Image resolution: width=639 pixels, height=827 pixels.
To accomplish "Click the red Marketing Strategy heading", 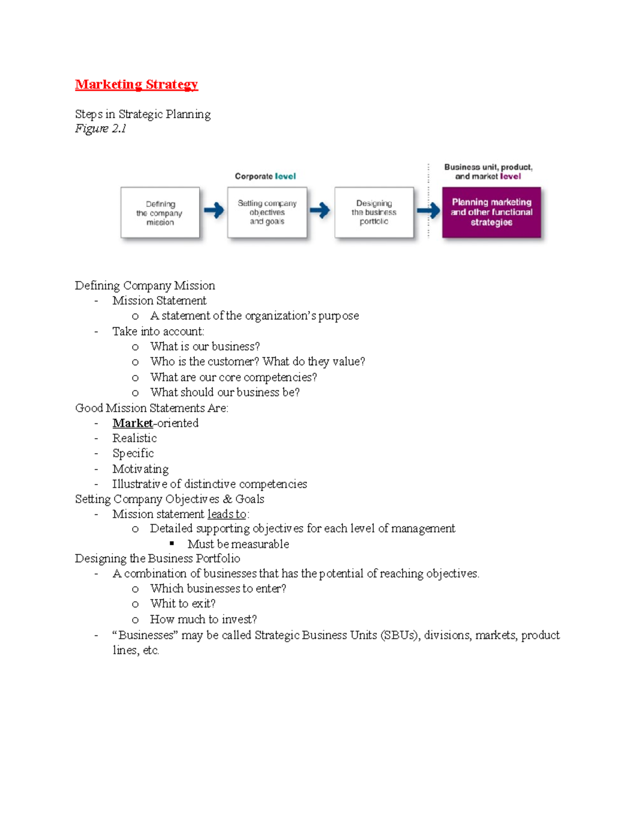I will (136, 85).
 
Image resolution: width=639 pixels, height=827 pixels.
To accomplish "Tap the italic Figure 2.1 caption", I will (101, 128).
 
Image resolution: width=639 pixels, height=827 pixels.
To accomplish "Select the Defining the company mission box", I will (160, 212).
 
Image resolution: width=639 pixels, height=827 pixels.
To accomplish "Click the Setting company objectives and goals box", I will (267, 212).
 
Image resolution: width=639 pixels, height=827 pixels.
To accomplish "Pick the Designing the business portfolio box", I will (374, 212).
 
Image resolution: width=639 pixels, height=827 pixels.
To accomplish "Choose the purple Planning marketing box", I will (491, 212).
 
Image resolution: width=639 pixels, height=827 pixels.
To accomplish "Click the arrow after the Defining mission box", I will (214, 210).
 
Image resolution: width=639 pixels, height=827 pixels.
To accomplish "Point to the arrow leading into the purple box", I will (428, 211).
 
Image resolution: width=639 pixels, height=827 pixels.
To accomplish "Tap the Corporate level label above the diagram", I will (265, 176).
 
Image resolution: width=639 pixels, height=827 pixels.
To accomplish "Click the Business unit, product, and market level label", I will (488, 171).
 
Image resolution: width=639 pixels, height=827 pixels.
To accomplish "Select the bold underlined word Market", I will (133, 423).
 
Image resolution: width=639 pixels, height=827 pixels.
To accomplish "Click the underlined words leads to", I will (227, 514).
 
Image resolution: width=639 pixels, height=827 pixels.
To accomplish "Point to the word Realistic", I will (135, 438).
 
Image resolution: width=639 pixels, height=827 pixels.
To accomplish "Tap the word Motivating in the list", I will (141, 469).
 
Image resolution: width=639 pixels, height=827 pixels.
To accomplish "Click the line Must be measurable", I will (238, 544).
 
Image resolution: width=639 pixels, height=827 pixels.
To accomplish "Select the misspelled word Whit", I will (162, 604).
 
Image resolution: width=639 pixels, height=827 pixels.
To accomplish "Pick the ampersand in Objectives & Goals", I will (227, 500).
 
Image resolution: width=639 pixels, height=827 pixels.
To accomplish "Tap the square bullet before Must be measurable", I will (172, 544).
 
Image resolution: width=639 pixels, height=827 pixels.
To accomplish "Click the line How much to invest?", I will (203, 619).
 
